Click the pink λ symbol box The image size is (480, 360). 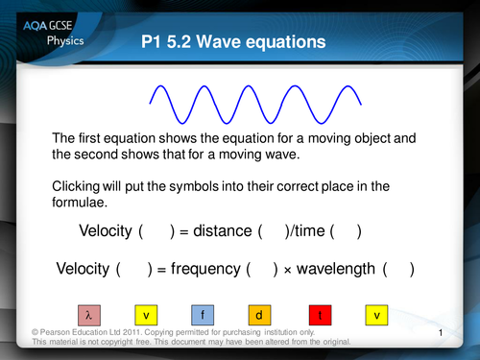(88, 314)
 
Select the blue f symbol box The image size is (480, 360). (204, 314)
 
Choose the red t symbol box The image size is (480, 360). (319, 314)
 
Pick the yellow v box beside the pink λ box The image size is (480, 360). (146, 314)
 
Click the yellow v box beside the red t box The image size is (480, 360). (376, 314)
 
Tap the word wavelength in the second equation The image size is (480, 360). (336, 270)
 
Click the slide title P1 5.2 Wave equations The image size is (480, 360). (232, 41)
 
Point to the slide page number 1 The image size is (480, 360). (438, 332)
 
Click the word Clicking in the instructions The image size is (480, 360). (80, 184)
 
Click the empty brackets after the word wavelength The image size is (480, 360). (397, 270)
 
